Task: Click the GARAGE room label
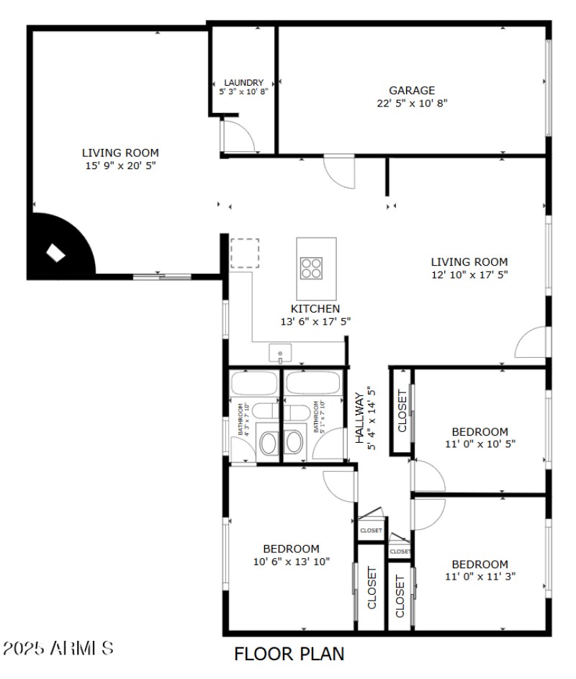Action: [x=412, y=91]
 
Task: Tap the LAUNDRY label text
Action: [x=243, y=83]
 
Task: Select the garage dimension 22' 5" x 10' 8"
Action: [x=412, y=103]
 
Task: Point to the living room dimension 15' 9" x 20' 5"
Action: [x=120, y=166]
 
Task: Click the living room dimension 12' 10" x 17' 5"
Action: [x=469, y=274]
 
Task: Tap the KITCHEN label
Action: [x=315, y=308]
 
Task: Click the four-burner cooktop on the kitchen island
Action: [x=312, y=268]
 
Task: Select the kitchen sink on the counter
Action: [x=280, y=354]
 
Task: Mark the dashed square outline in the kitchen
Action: [x=245, y=253]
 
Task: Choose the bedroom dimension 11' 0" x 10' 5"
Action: [x=480, y=444]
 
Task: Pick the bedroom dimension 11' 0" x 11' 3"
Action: [x=480, y=576]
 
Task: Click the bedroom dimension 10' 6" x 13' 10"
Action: [x=291, y=561]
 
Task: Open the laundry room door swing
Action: [x=235, y=137]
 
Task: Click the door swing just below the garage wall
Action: [x=339, y=171]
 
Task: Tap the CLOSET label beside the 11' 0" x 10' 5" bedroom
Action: [x=402, y=411]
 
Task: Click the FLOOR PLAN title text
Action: [x=289, y=654]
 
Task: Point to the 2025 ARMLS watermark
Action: [x=58, y=648]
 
